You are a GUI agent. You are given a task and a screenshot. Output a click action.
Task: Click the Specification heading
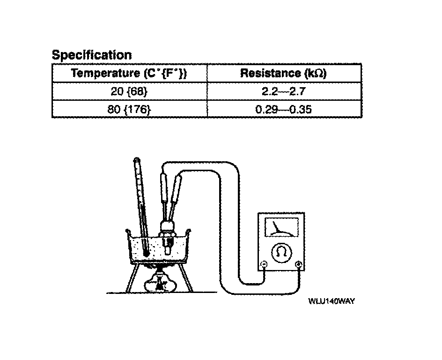pyautogui.click(x=91, y=55)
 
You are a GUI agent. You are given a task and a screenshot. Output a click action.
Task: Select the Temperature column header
pyautogui.click(x=129, y=73)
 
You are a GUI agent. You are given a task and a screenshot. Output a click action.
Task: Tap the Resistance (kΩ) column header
pyautogui.click(x=283, y=73)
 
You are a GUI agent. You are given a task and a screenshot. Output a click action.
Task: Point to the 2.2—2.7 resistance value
pyautogui.click(x=284, y=91)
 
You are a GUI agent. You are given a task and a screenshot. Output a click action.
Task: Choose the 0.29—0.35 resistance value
pyautogui.click(x=284, y=110)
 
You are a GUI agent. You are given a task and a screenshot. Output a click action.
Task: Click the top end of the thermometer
pyautogui.click(x=136, y=161)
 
